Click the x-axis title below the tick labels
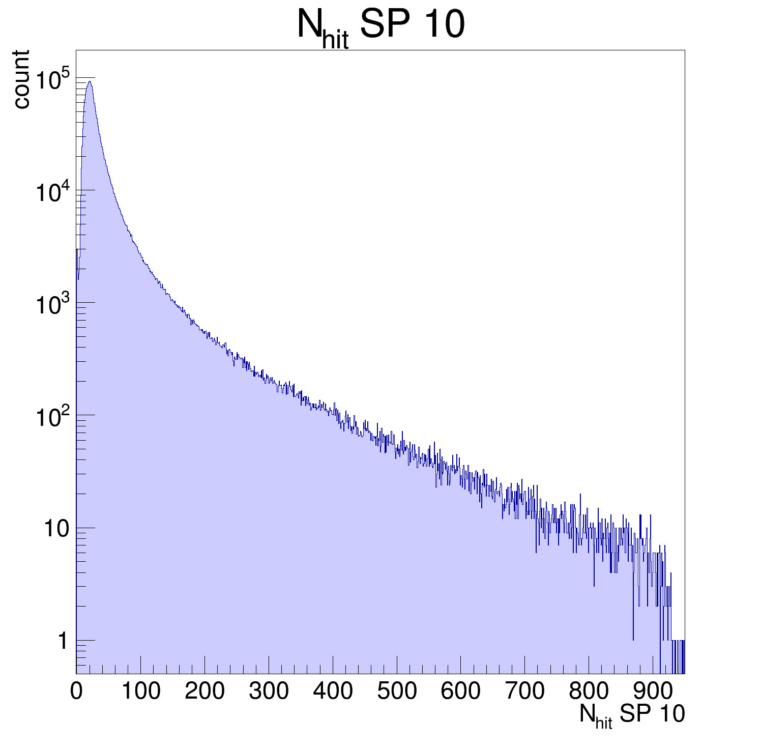point(632,715)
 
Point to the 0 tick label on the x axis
point(76,691)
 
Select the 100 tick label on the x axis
point(140,691)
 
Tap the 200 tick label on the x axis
point(204,691)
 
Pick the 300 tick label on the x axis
point(269,691)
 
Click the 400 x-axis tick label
point(333,691)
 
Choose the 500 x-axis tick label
point(397,691)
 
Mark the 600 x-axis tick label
point(461,691)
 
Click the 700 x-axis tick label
point(525,691)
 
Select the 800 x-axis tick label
point(589,691)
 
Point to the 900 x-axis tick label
point(653,691)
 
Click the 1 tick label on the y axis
point(63,641)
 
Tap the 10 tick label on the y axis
point(56,529)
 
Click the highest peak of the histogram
point(90,81)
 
